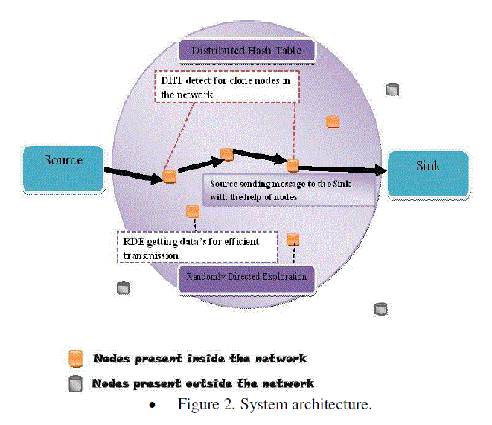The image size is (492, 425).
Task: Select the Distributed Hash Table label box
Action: pos(247,51)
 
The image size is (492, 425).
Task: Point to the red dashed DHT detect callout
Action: pos(226,87)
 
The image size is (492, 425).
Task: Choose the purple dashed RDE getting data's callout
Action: pos(197,247)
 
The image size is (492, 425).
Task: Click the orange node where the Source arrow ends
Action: pos(170,177)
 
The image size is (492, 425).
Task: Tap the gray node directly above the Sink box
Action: pos(393,90)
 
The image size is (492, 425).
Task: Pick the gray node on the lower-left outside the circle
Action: pos(124,288)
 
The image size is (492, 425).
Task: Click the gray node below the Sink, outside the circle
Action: pos(381,308)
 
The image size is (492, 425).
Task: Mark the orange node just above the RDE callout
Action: pos(193,212)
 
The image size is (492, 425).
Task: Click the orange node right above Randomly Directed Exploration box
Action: pos(293,240)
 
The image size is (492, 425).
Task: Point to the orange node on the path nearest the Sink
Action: pos(293,165)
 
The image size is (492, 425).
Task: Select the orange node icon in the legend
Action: pos(75,359)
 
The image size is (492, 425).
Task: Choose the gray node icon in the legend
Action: pos(75,384)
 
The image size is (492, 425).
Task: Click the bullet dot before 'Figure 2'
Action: pos(153,406)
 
